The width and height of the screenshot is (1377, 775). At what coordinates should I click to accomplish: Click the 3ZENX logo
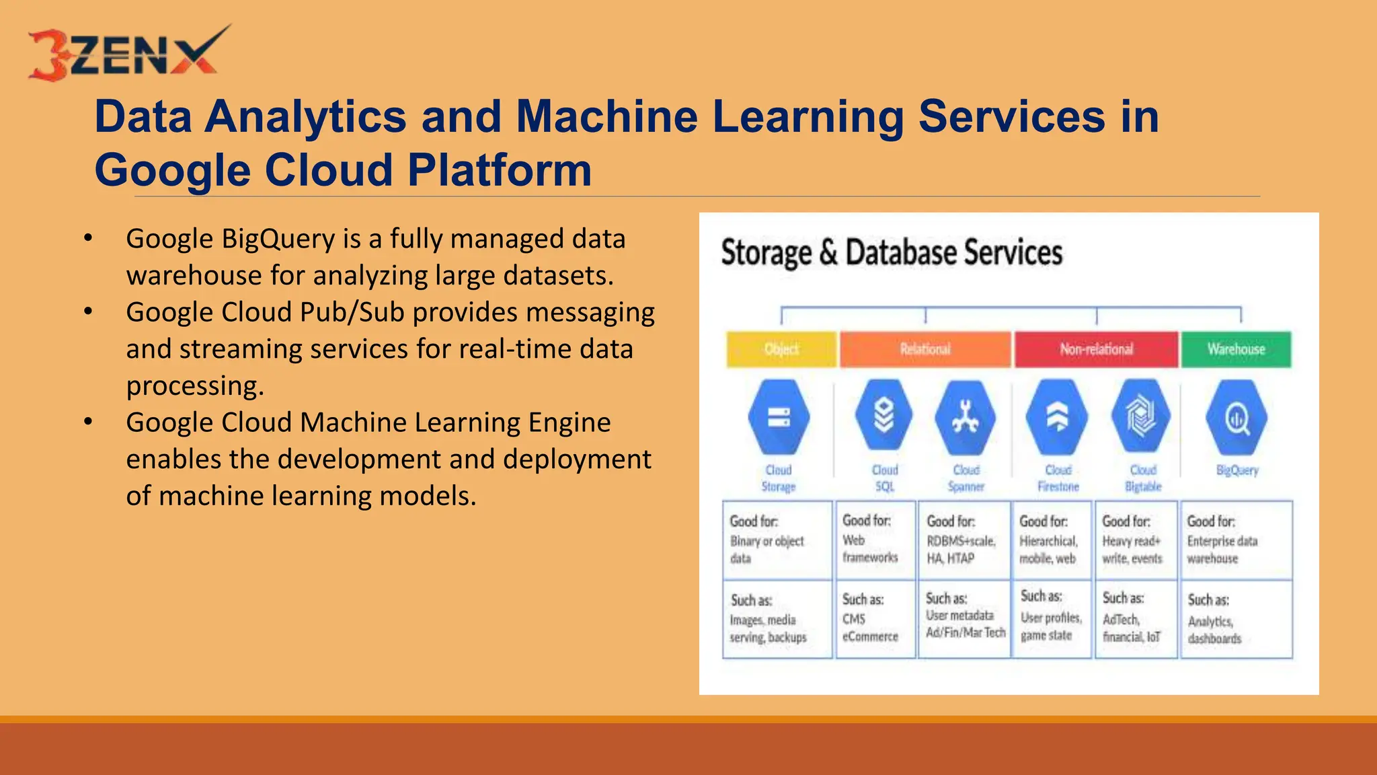(x=128, y=54)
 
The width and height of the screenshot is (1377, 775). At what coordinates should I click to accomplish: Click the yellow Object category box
(x=781, y=349)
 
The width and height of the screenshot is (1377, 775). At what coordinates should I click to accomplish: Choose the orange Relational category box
(x=925, y=349)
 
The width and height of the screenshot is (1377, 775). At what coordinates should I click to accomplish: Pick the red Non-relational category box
(x=1096, y=349)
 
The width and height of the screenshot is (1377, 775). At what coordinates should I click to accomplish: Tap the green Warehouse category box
(x=1236, y=349)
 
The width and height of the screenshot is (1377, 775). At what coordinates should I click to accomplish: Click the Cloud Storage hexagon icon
(x=779, y=417)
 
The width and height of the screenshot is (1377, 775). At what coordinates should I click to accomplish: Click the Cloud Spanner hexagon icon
(x=966, y=417)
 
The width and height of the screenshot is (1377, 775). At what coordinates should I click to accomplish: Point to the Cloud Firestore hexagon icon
(x=1057, y=417)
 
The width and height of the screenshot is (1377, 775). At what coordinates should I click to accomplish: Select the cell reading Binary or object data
(x=777, y=540)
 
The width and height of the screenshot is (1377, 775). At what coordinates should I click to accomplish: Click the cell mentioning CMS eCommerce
(x=875, y=618)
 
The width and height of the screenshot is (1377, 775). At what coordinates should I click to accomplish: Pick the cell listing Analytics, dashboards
(x=1236, y=620)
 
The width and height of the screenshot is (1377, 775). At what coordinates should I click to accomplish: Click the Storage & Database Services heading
(x=892, y=253)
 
